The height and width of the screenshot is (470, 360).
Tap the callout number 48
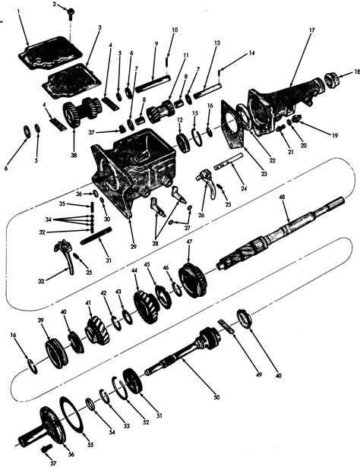click(282, 197)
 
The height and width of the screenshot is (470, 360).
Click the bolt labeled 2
click(69, 12)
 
